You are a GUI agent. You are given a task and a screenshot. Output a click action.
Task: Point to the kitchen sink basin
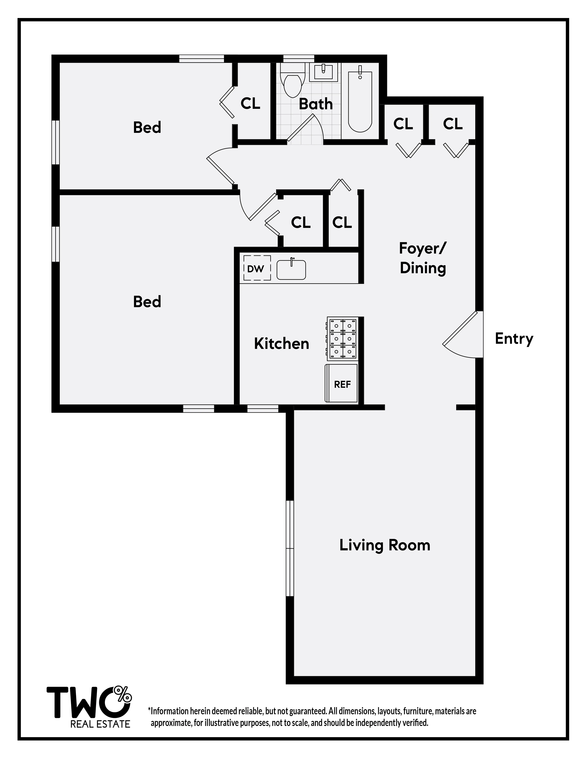[291, 270]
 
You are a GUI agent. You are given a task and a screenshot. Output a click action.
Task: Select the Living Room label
[385, 545]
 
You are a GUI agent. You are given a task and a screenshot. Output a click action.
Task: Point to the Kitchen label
[281, 343]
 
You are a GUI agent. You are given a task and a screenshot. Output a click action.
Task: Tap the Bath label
[316, 104]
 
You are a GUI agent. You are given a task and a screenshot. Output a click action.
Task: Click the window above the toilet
[298, 59]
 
